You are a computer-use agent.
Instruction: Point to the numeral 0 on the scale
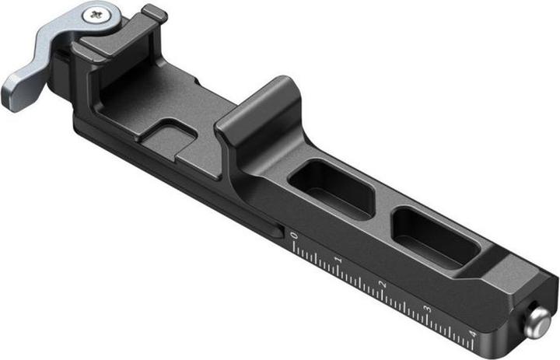293,233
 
